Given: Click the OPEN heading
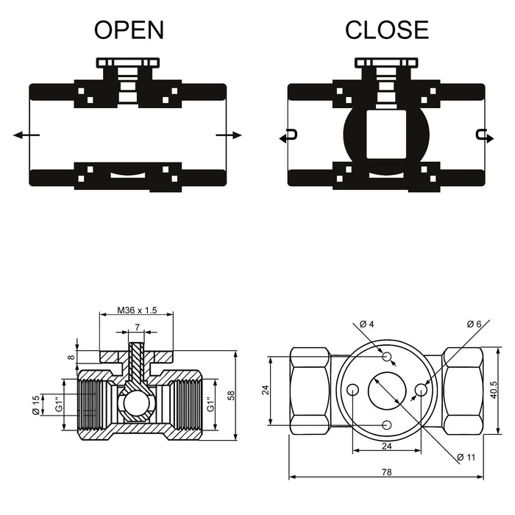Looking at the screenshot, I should tap(129, 29).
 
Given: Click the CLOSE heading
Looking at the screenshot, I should tap(386, 29).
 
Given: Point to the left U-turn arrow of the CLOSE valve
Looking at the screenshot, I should tap(289, 135).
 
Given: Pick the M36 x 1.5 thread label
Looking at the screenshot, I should tap(137, 311).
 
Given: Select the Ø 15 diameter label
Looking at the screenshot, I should tap(35, 405).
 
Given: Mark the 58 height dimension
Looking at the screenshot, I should tap(232, 396).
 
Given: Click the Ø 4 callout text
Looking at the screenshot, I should tap(367, 324).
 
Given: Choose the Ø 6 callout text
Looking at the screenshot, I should tap(474, 324).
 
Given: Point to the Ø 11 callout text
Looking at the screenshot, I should tap(466, 458).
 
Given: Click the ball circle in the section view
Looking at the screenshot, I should tap(136, 404).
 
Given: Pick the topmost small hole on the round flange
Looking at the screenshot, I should tap(387, 356).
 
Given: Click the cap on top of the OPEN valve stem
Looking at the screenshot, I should tap(128, 63).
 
